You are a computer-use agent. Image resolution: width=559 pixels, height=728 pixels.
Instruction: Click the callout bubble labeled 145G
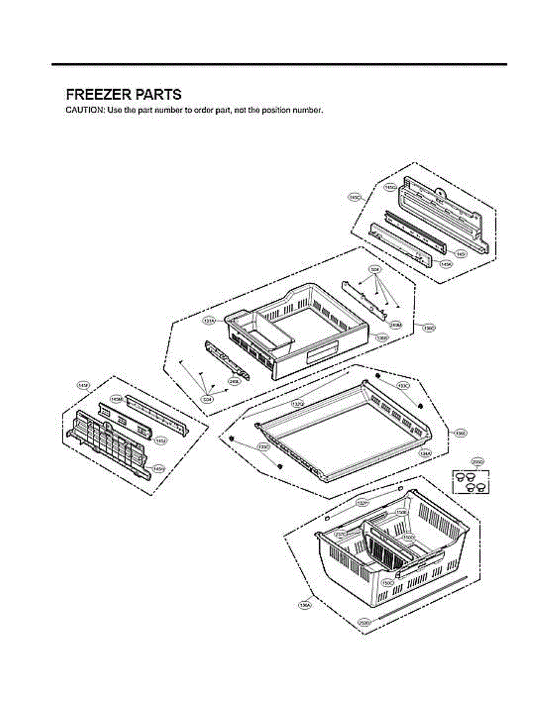point(390,187)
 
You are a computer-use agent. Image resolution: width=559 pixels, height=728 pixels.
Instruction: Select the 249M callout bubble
point(395,325)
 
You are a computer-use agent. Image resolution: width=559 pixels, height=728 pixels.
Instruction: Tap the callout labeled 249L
point(232,382)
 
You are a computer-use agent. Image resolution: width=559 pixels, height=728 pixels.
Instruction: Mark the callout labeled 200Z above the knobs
point(478,462)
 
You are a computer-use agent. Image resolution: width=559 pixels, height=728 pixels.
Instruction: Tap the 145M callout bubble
point(115,399)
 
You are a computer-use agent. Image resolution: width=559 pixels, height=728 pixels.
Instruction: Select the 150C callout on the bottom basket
point(387,582)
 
